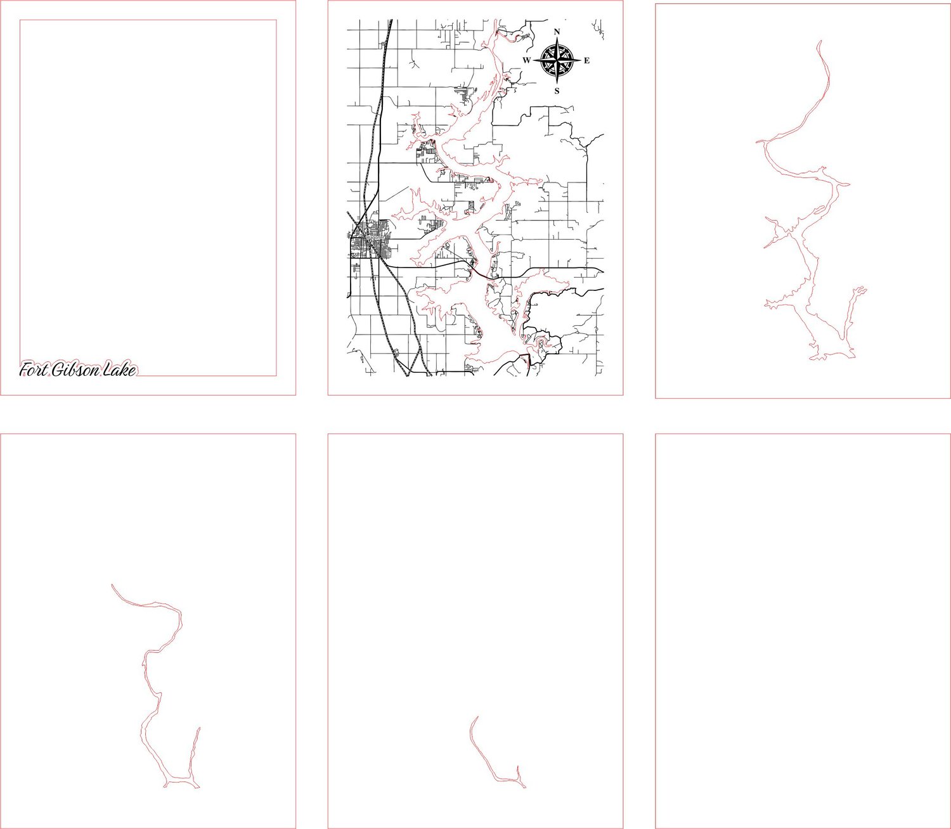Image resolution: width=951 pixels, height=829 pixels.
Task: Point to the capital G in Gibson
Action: [x=58, y=370]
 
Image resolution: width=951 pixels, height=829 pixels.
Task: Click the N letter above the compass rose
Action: [x=557, y=32]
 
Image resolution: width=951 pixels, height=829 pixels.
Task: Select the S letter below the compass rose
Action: [x=557, y=91]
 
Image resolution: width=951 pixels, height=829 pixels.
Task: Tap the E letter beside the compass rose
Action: [x=586, y=60]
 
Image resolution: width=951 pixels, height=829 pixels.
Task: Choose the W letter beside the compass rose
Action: [x=527, y=60]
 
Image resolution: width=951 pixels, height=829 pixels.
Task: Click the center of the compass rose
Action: [x=557, y=61]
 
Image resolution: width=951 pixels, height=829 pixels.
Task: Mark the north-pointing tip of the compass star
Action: [x=557, y=37]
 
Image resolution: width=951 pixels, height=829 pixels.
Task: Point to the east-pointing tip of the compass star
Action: [x=581, y=61]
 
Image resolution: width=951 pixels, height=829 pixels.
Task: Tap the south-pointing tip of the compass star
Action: [x=557, y=84]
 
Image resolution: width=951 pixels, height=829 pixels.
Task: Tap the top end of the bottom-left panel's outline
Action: [x=112, y=584]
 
